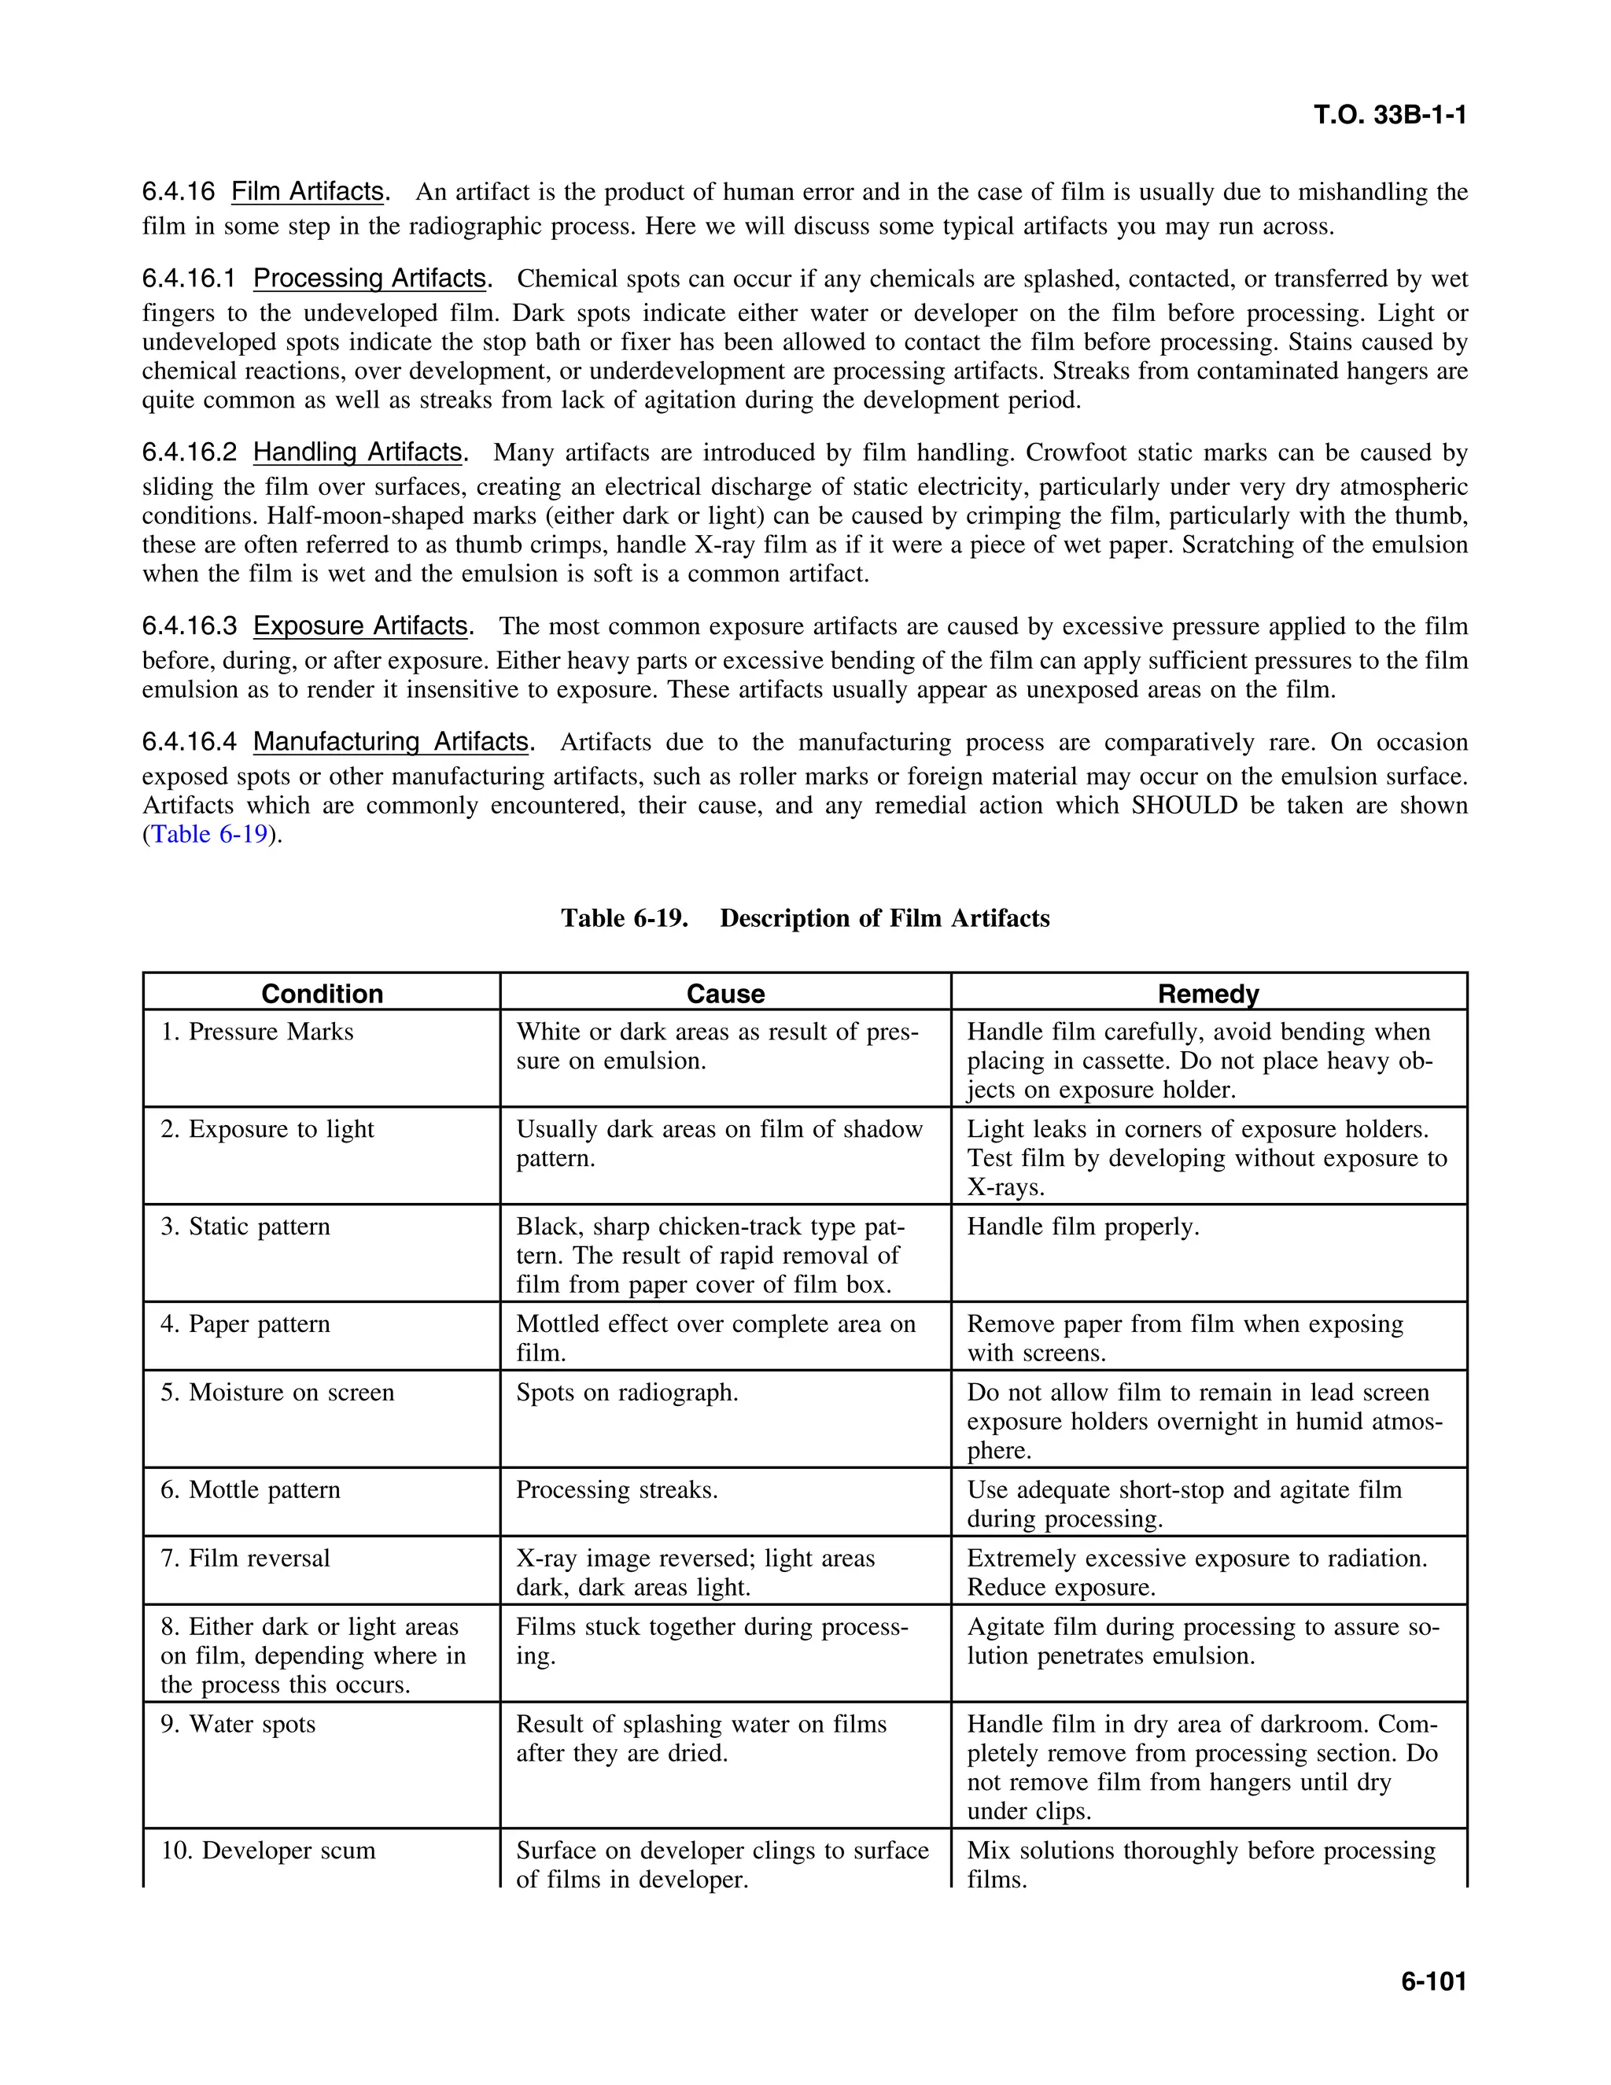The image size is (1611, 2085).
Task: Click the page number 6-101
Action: click(x=1432, y=1981)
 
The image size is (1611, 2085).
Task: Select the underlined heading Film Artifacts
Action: click(x=308, y=192)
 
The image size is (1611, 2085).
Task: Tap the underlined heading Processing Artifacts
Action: click(x=370, y=279)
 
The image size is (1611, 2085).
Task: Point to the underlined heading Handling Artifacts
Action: click(x=358, y=452)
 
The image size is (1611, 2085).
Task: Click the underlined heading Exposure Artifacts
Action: click(x=361, y=626)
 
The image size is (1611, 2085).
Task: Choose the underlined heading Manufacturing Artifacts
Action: click(x=390, y=742)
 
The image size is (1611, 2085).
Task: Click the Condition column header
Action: click(x=322, y=994)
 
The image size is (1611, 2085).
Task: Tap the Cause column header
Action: click(x=725, y=994)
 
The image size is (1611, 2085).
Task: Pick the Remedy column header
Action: click(x=1207, y=994)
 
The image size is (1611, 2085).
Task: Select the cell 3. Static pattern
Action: click(x=245, y=1227)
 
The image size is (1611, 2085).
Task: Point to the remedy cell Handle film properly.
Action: click(x=1082, y=1227)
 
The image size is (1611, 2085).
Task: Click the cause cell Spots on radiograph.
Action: click(x=627, y=1393)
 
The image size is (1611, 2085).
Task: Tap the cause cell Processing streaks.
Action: click(x=617, y=1490)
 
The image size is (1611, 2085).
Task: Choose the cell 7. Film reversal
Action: click(x=245, y=1558)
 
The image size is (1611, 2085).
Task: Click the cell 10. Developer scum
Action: click(x=268, y=1851)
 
